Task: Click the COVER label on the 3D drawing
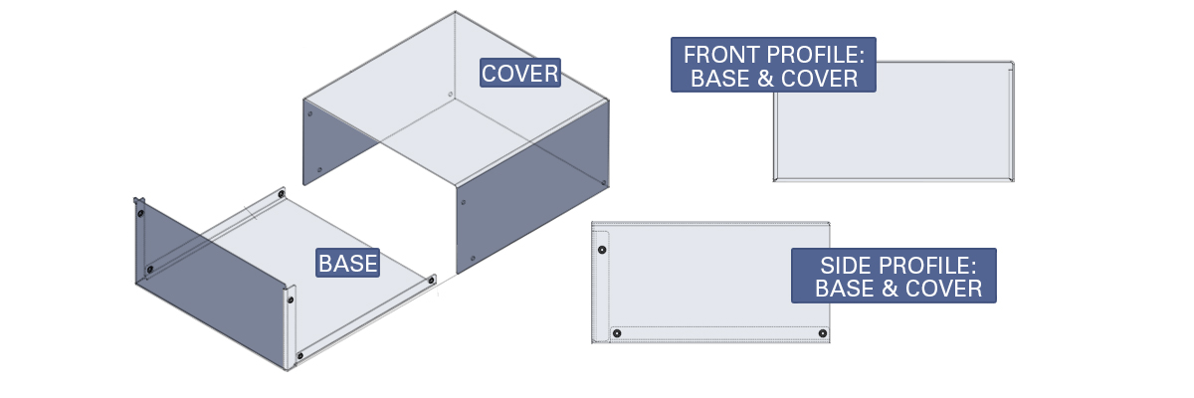coord(519,73)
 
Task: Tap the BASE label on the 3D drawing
coord(348,264)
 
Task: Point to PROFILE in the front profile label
coord(816,55)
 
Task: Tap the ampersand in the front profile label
coord(765,79)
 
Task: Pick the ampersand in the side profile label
coord(890,289)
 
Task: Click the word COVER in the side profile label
coord(943,289)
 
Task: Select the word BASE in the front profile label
coord(720,79)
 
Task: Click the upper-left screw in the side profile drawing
coord(602,250)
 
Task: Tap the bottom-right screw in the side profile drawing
coord(823,333)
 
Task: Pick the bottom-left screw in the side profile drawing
coord(617,333)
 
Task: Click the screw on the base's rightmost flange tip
coord(431,281)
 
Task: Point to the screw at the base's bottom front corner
coord(300,355)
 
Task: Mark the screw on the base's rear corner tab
coord(282,194)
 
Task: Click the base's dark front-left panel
coord(211,283)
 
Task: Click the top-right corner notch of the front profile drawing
coord(1011,66)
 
